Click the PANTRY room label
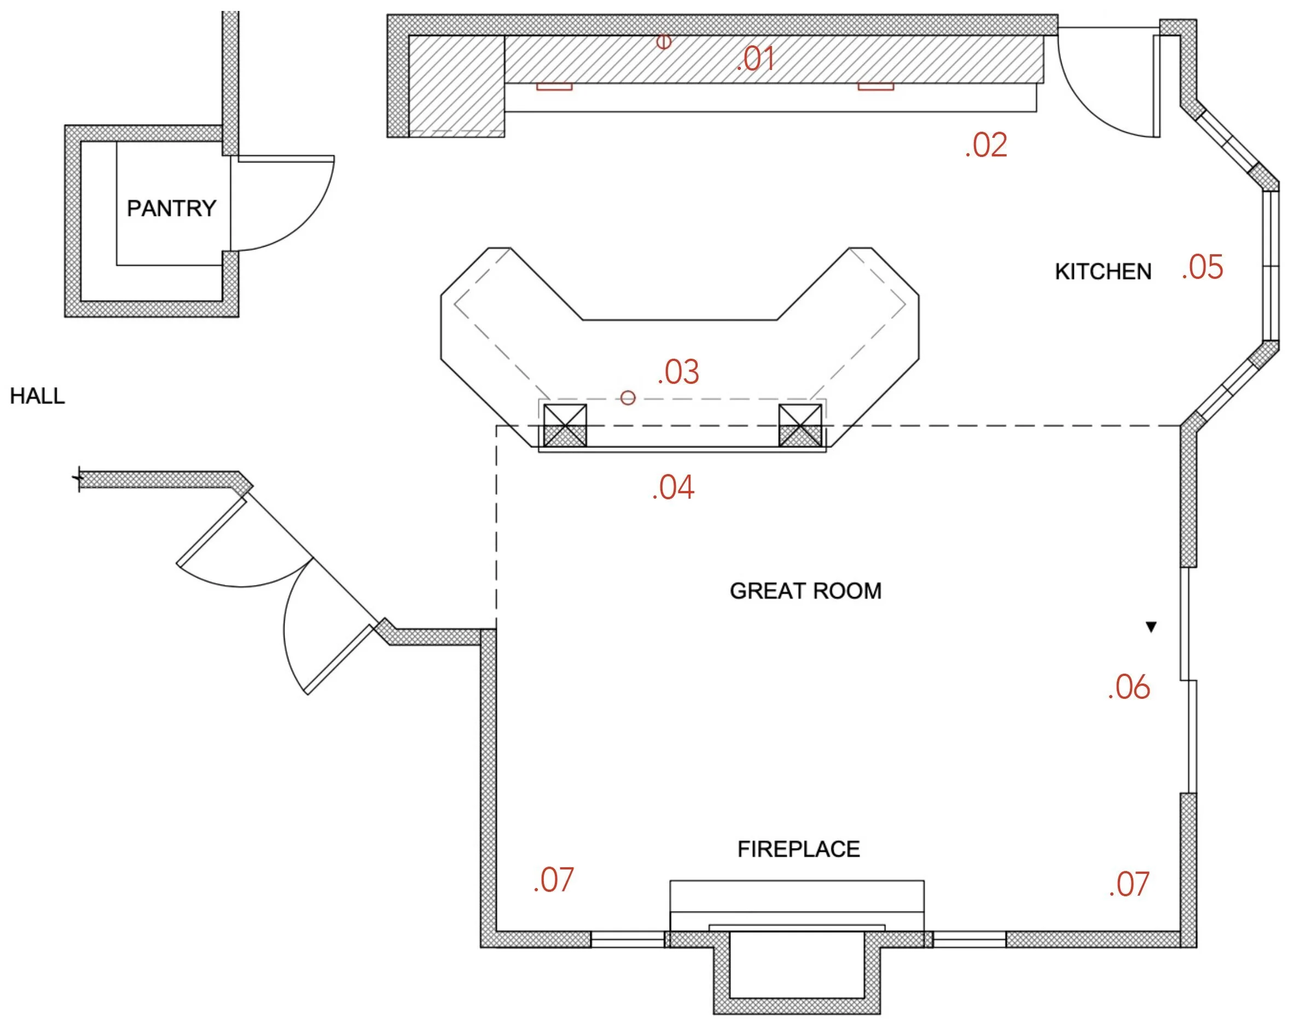(x=171, y=208)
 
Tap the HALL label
(x=37, y=396)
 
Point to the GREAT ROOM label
(x=805, y=591)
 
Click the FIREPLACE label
(x=798, y=849)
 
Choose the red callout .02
(x=986, y=145)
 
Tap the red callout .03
(x=678, y=372)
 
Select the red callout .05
(x=1202, y=267)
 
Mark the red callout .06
(x=1129, y=687)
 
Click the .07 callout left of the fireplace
(x=553, y=880)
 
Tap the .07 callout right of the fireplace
(x=1129, y=884)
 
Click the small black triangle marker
(x=1151, y=627)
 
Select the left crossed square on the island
(x=565, y=425)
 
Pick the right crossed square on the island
(x=800, y=425)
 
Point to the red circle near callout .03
(x=628, y=398)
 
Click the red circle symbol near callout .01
(x=663, y=42)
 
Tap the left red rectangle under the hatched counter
(x=554, y=87)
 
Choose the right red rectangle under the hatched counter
(x=875, y=87)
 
